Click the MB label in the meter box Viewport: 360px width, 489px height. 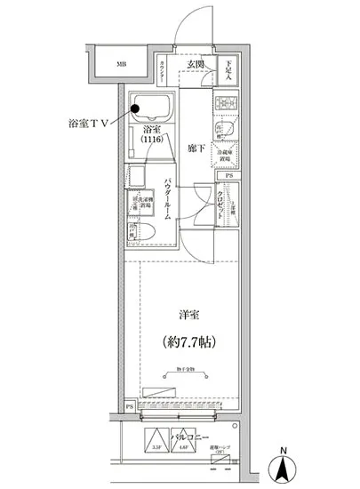(x=121, y=64)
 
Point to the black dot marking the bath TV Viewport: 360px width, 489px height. (x=135, y=110)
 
